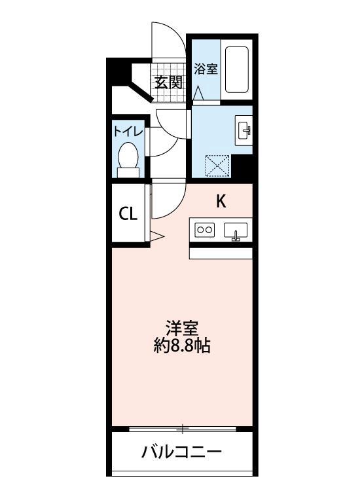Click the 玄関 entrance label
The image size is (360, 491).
(x=168, y=82)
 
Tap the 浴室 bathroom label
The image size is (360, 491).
(x=206, y=69)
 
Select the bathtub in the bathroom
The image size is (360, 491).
(x=236, y=69)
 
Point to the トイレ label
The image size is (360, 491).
(x=128, y=131)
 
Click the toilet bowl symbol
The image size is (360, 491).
(x=128, y=159)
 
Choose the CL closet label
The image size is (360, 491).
(x=128, y=213)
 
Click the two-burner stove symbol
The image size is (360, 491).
(x=205, y=230)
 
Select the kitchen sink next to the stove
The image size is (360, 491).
(x=236, y=230)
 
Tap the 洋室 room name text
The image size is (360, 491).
(x=181, y=327)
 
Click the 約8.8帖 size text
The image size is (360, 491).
(x=181, y=346)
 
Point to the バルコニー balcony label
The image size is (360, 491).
(x=181, y=452)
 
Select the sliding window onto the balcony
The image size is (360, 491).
(x=182, y=429)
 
